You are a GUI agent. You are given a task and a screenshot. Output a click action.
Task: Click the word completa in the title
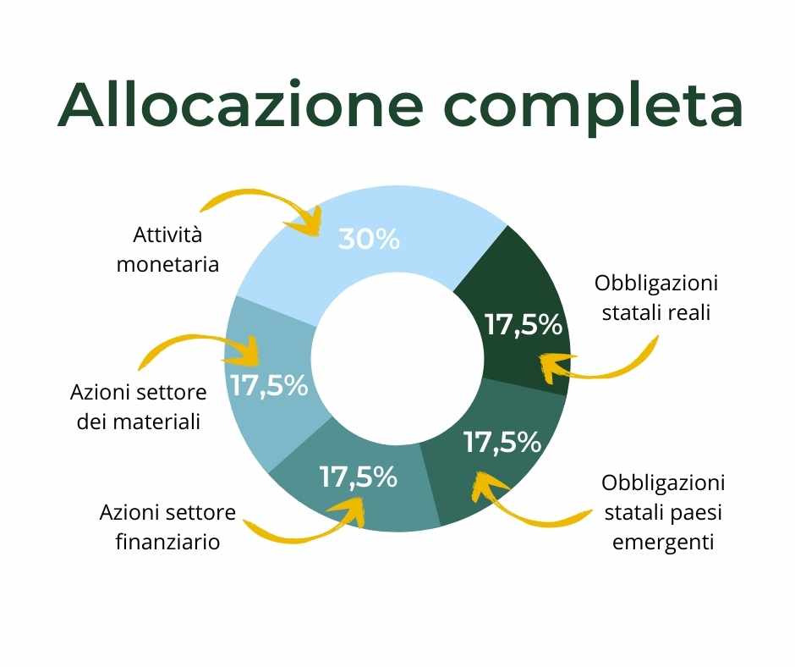[x=593, y=107]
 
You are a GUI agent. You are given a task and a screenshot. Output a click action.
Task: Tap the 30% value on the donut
[x=369, y=239]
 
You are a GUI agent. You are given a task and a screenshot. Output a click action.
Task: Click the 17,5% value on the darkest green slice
[x=524, y=324]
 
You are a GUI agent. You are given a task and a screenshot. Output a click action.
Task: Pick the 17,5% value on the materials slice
[x=269, y=385]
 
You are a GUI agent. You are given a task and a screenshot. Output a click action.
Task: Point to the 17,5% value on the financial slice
[x=359, y=477]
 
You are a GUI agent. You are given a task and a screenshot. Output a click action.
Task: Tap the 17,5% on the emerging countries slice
[x=502, y=442]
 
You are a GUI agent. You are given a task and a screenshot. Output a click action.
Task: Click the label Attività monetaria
[x=167, y=249]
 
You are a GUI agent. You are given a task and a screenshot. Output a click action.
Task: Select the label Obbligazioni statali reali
[x=656, y=297]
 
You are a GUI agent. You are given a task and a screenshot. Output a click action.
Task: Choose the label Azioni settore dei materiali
[x=139, y=406]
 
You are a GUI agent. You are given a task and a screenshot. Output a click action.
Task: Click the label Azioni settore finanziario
[x=167, y=526]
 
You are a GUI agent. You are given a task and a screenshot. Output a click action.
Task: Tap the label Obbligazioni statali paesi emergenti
[x=663, y=511]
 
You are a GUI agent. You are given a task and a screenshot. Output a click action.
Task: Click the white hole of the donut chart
[x=397, y=360]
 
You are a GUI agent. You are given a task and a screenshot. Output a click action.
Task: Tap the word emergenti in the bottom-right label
[x=663, y=542]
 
